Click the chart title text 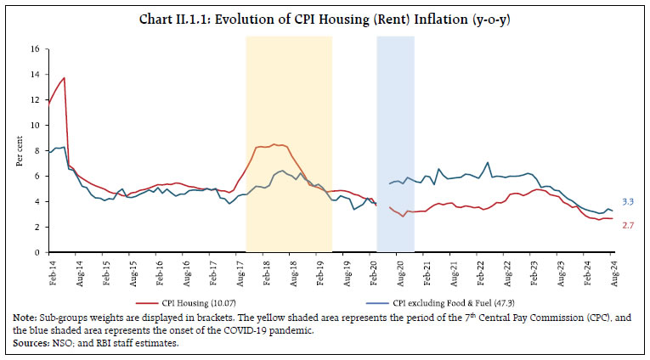tap(325, 18)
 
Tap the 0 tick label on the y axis tap(37, 252)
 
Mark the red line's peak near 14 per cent tap(65, 78)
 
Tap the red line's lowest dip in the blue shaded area tap(404, 217)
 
